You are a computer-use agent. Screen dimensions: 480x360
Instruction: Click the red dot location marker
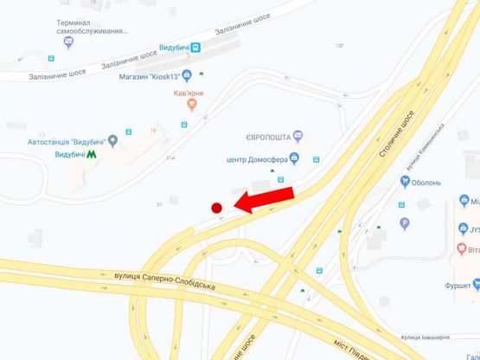217,207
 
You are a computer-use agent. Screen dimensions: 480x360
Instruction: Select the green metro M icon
91,154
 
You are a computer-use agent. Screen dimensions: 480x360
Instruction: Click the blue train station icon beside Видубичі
196,48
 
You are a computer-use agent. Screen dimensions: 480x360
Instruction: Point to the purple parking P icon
403,222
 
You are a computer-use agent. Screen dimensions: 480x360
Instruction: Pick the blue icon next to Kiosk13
187,76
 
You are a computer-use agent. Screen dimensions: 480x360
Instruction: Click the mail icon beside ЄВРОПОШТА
298,136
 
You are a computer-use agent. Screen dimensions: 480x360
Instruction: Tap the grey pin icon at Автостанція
129,132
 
